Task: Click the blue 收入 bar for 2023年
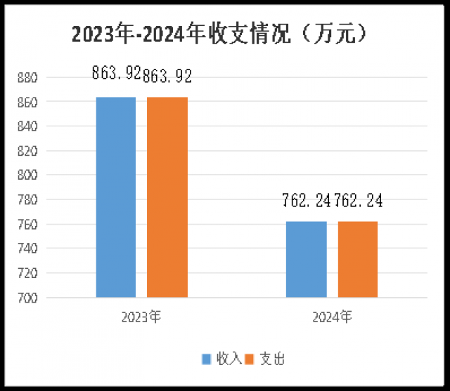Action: pyautogui.click(x=116, y=197)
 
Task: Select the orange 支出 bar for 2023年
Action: pyautogui.click(x=167, y=197)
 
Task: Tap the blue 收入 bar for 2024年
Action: pyautogui.click(x=307, y=259)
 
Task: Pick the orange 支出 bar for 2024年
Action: pyautogui.click(x=358, y=259)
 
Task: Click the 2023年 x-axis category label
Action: pyautogui.click(x=141, y=317)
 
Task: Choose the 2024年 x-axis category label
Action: pyautogui.click(x=332, y=317)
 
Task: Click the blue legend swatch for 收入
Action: pyautogui.click(x=207, y=359)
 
